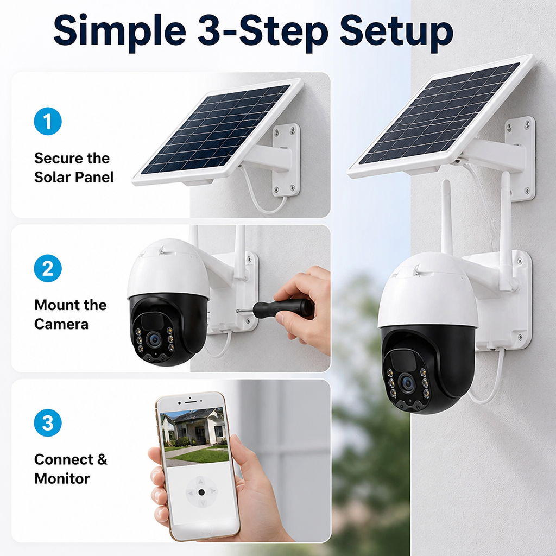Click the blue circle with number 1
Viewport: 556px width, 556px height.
pos(48,121)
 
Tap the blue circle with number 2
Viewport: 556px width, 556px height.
pos(48,268)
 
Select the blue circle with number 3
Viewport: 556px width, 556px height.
pos(48,422)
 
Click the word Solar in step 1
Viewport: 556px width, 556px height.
pos(53,178)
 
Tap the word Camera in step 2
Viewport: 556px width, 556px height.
pos(61,325)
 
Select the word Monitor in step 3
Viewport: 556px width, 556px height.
pos(62,479)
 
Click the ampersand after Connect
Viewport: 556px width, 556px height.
pos(102,459)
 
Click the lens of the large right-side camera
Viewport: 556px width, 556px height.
pos(407,383)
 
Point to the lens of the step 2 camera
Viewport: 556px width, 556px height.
pos(155,340)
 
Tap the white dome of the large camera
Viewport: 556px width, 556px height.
pos(427,291)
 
